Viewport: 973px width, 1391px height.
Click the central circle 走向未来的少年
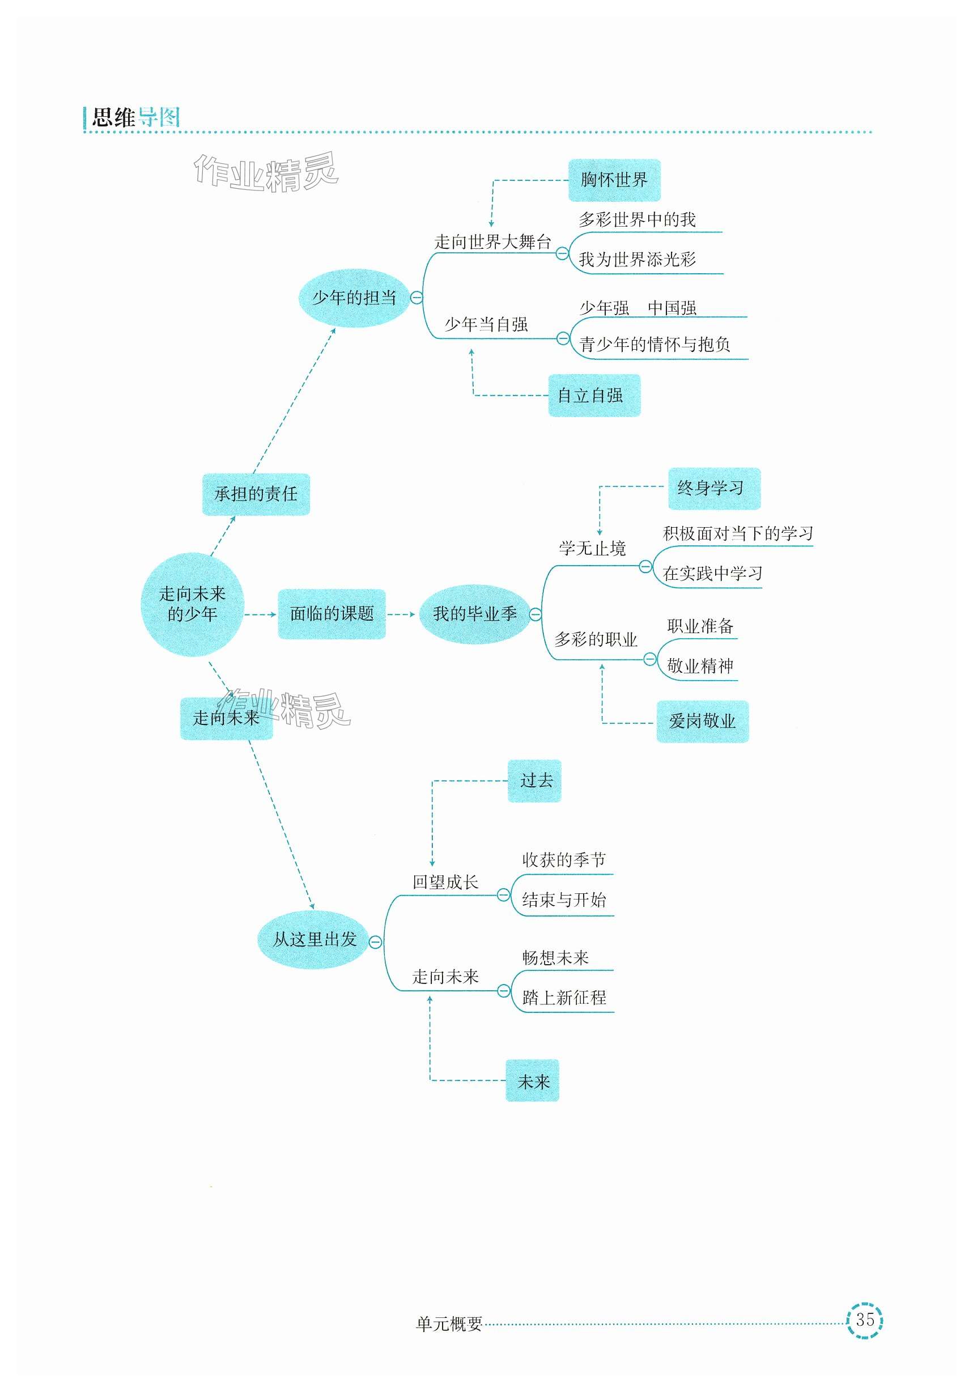coord(192,604)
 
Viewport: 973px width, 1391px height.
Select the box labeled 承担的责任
coord(256,494)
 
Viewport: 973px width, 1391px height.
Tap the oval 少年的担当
coord(354,298)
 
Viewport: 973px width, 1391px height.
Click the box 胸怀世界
coord(614,180)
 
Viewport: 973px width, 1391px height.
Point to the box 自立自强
coord(594,396)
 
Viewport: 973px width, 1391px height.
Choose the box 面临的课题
coord(332,614)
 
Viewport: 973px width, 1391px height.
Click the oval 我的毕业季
coord(474,614)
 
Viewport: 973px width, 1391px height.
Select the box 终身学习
coord(713,488)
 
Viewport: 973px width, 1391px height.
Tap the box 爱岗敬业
coord(702,721)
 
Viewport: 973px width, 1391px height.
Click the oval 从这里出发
coord(314,940)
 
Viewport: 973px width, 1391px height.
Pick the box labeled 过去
coord(534,781)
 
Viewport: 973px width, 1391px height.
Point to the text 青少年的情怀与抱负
coord(655,345)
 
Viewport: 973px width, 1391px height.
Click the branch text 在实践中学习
coord(712,573)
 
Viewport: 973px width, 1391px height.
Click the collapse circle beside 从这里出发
coord(376,942)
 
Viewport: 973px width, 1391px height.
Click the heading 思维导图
coord(135,117)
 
